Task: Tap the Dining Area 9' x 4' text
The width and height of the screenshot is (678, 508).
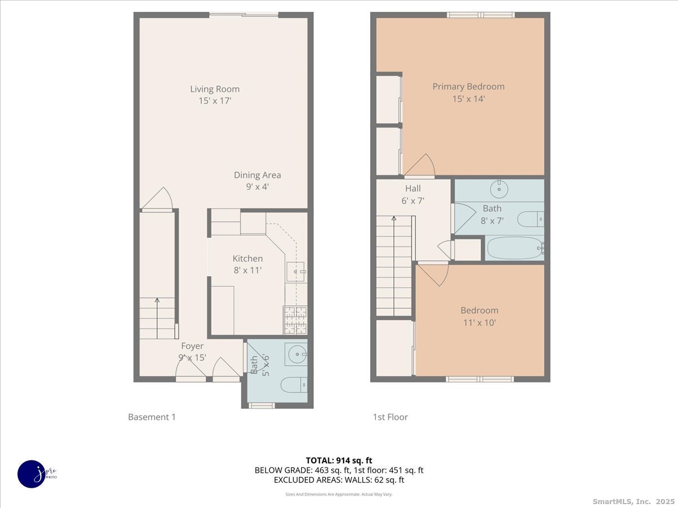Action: [257, 181]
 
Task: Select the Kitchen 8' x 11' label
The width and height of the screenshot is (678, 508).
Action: [247, 264]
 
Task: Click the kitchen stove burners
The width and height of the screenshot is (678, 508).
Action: [295, 320]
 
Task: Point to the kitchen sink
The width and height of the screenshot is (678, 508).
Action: [295, 272]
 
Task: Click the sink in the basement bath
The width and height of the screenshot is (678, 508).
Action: [296, 354]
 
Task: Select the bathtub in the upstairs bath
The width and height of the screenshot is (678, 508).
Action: [514, 248]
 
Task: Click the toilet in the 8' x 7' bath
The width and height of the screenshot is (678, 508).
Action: [531, 218]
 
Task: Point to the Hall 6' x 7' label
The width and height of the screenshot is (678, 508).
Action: [412, 194]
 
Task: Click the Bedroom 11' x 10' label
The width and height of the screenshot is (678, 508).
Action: [479, 316]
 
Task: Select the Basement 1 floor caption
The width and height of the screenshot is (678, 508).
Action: [152, 417]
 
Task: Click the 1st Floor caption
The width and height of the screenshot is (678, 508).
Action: [390, 417]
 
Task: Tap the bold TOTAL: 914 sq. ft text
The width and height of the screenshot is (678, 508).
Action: [339, 460]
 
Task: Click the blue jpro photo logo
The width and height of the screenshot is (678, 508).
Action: [32, 474]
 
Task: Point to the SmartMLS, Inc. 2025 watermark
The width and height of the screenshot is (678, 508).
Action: [632, 501]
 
